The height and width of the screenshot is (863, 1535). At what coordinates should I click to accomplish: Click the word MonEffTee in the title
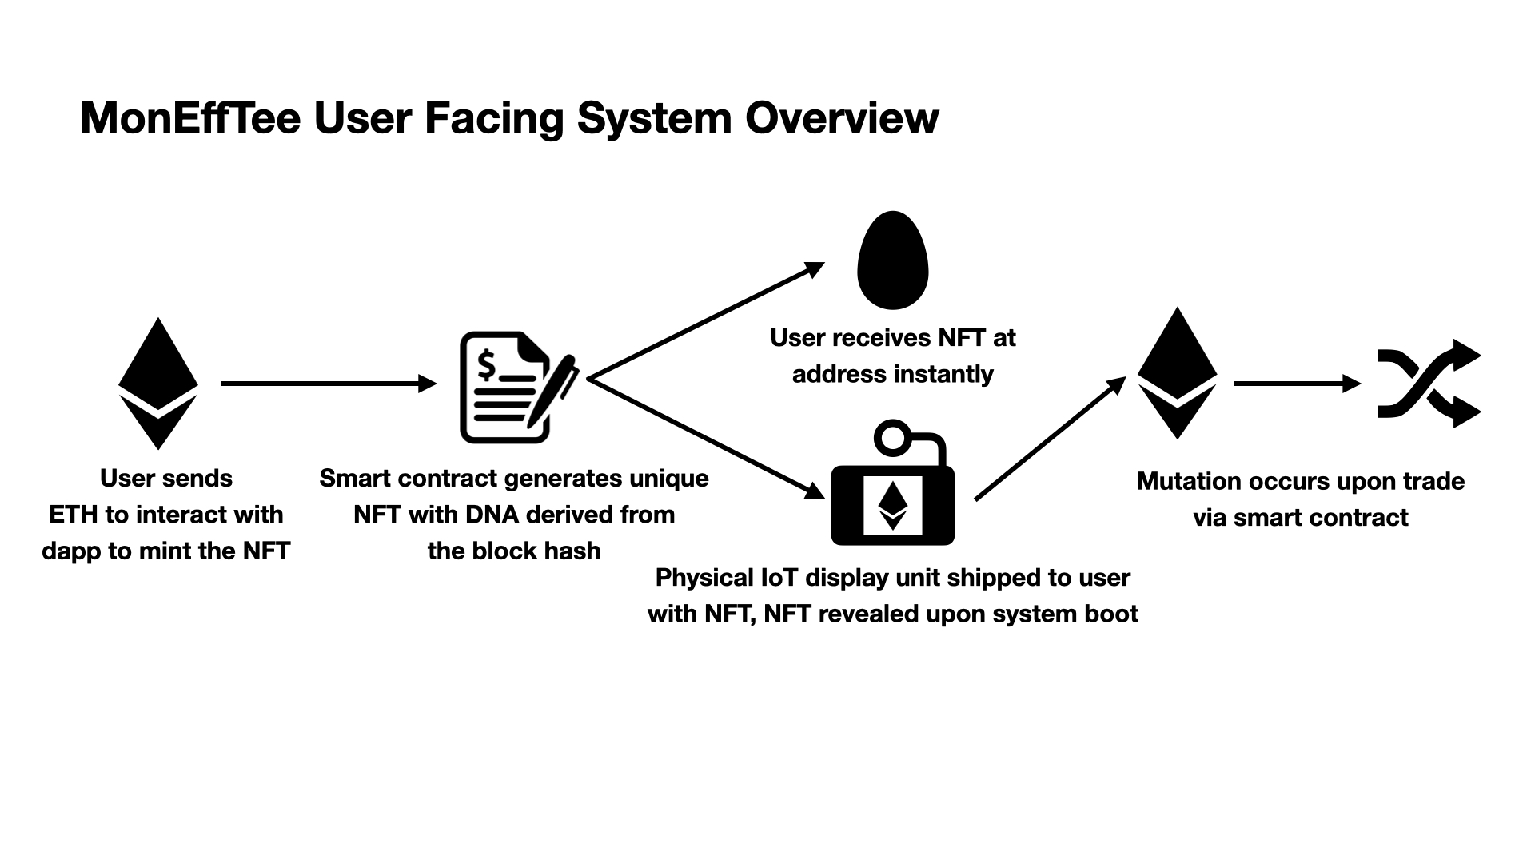click(190, 118)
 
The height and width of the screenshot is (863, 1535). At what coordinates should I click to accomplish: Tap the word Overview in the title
click(842, 118)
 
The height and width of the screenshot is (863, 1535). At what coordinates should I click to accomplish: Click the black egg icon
click(892, 260)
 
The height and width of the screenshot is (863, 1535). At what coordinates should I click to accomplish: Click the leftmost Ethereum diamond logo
click(158, 384)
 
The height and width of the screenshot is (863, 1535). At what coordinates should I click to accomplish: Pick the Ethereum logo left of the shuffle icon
click(1177, 373)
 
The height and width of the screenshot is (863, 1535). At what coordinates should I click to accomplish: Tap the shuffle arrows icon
click(1429, 384)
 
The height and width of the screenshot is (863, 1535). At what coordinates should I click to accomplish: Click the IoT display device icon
click(893, 483)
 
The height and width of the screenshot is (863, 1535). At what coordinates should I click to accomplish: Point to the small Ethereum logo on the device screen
click(893, 505)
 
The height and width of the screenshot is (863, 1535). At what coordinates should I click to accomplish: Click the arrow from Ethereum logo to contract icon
click(329, 384)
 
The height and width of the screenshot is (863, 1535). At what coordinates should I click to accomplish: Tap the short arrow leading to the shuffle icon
click(1297, 384)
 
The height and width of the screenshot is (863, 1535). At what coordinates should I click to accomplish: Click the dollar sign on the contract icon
click(486, 364)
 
